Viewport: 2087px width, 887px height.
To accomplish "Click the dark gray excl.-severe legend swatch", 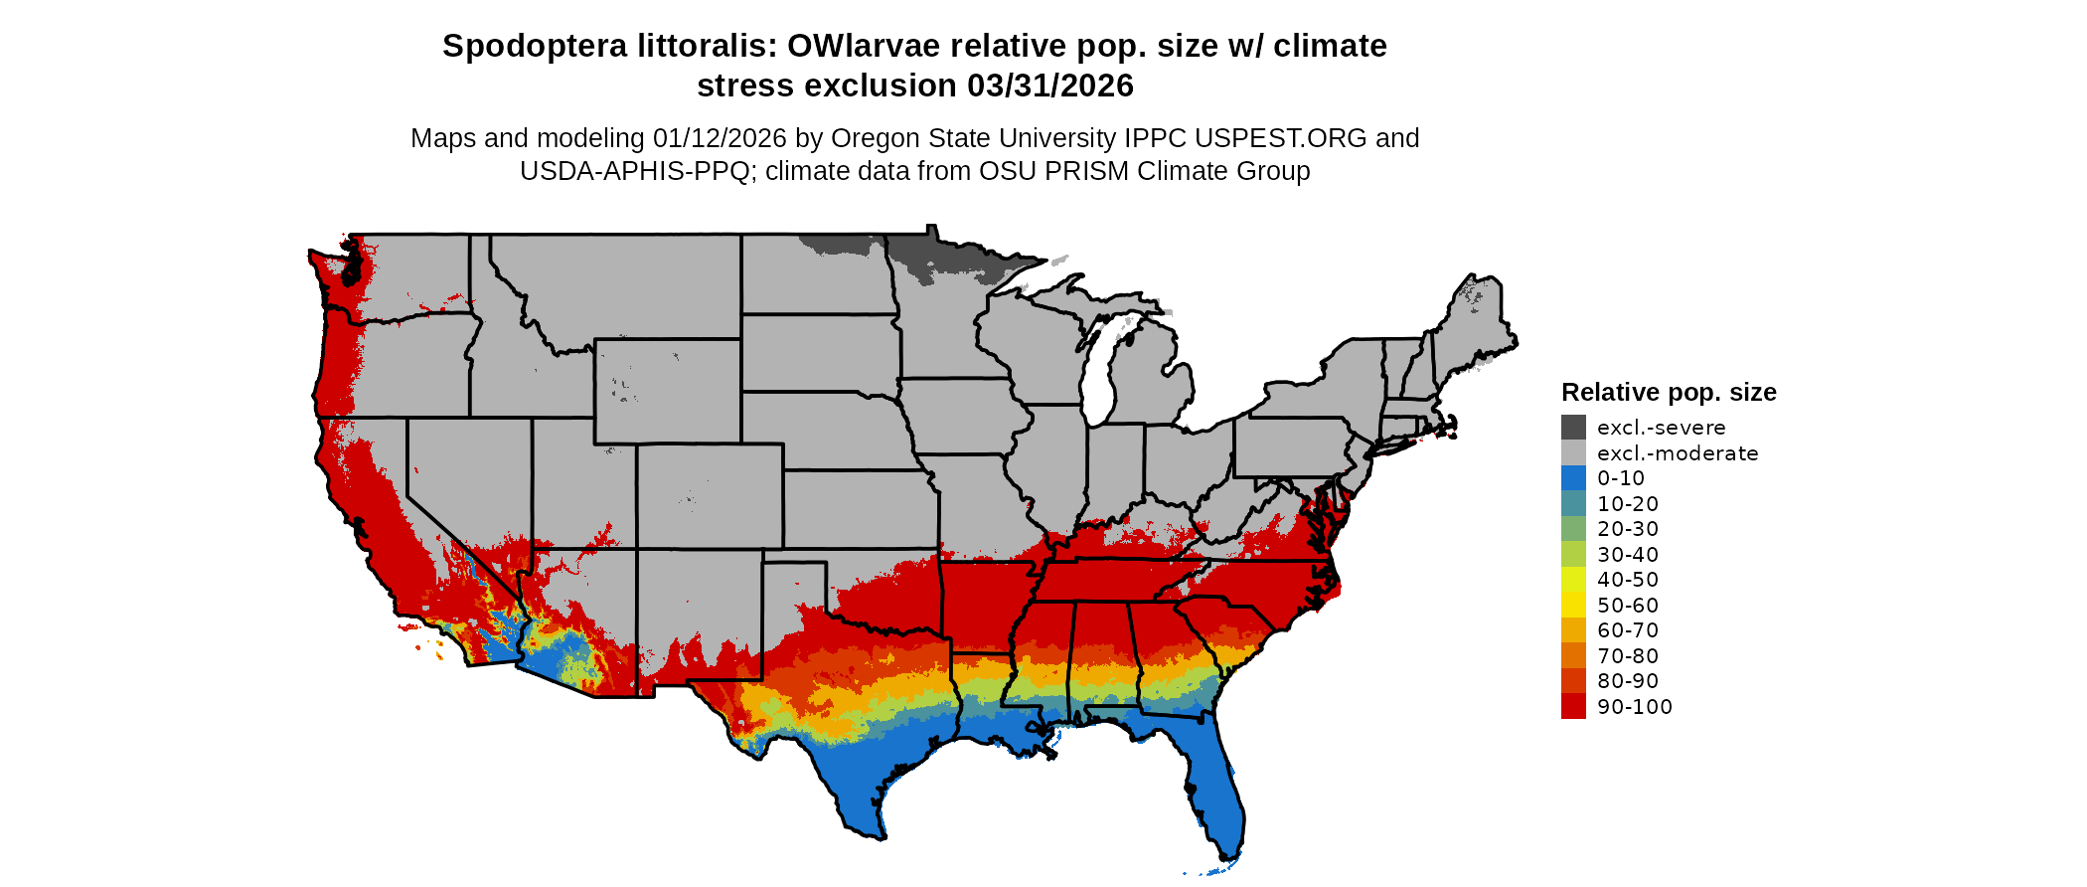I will coord(1573,428).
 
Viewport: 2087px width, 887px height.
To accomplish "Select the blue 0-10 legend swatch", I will coord(1573,478).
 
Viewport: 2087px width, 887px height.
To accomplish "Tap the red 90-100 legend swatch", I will coord(1573,707).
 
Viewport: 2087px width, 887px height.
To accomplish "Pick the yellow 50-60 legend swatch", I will coord(1573,606).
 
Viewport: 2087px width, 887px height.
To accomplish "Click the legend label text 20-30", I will coord(1627,529).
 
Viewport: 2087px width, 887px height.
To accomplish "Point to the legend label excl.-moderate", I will coord(1677,453).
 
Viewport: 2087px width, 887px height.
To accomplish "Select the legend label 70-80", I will coord(1627,656).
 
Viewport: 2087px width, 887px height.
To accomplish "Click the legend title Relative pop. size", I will coord(1668,392).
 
